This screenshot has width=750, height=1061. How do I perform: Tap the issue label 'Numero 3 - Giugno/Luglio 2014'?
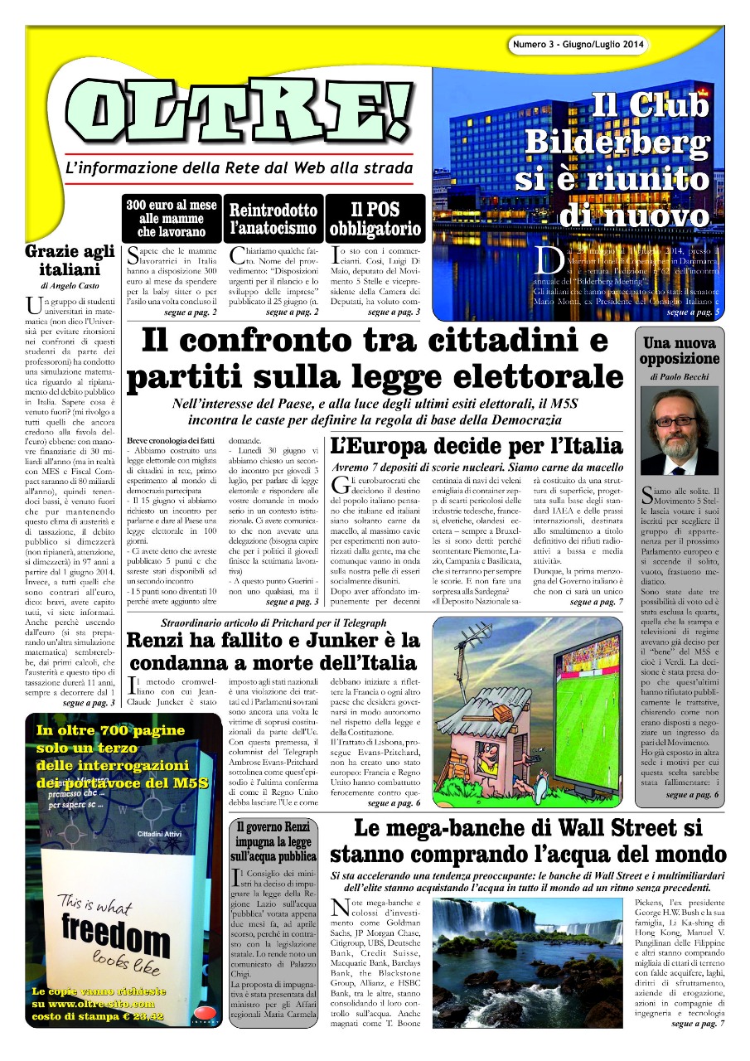tap(577, 43)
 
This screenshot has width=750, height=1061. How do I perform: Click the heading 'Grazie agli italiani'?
tap(69, 260)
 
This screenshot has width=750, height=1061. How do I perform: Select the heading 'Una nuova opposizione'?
tap(679, 351)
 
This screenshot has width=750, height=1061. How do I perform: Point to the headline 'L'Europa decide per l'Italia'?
tap(477, 445)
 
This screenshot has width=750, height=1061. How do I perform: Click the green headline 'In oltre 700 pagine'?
tap(111, 730)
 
